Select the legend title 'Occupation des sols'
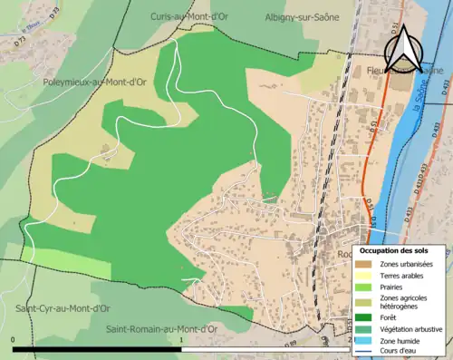point(396,249)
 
